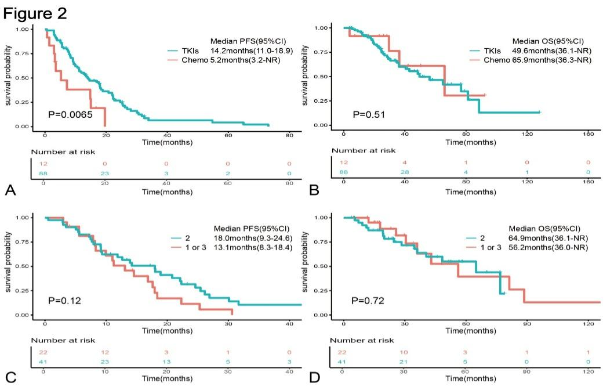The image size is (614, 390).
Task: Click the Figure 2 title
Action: coord(35,13)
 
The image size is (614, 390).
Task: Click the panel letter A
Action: coord(10,190)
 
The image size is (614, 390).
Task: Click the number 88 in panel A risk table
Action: coord(44,173)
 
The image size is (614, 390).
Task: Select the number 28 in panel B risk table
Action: coord(405,173)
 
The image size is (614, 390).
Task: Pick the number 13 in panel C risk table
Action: coord(167,360)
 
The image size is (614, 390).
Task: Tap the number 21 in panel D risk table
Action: coord(405,360)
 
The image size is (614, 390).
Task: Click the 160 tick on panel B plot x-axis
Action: coord(587,134)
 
